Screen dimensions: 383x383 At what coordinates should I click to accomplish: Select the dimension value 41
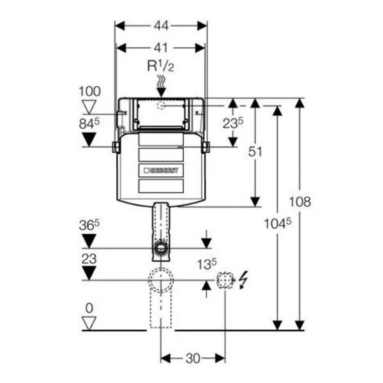click(x=160, y=47)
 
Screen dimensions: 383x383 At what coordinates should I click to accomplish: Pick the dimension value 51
click(x=255, y=151)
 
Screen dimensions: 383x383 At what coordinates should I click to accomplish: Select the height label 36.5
click(x=89, y=226)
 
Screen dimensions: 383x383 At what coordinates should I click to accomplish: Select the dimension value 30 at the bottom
click(x=192, y=358)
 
